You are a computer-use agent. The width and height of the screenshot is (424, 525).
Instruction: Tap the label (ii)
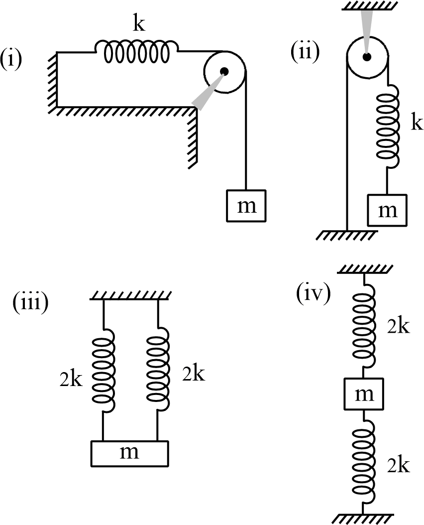pos(305,50)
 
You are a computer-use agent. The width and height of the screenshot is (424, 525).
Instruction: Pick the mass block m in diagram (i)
pos(246,205)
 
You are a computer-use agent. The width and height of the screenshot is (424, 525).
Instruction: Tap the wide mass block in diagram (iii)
pos(129,453)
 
